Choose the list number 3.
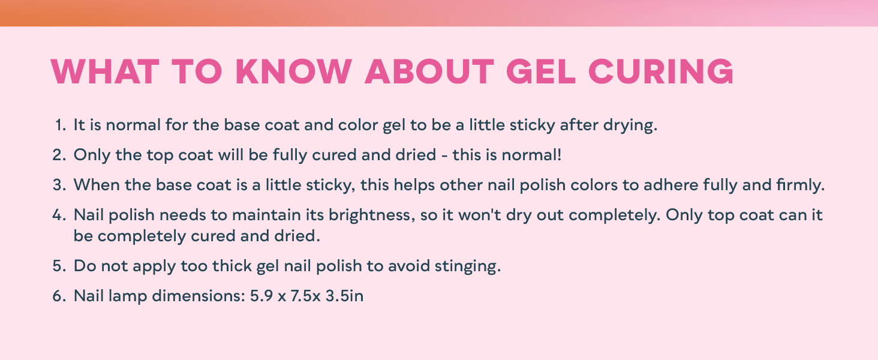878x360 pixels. [x=58, y=185]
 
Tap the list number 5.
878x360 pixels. [x=58, y=266]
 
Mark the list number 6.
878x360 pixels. [x=58, y=296]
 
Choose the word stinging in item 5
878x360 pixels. [x=469, y=266]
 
